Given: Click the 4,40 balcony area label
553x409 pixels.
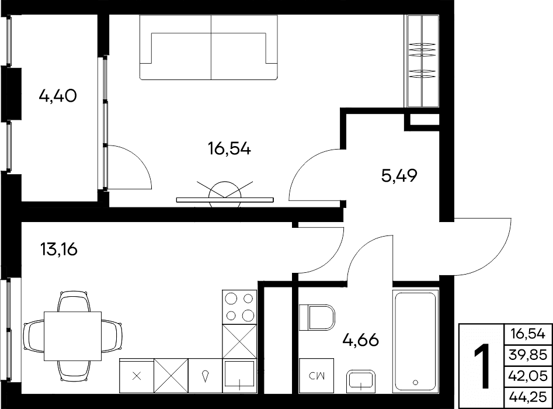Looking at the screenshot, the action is click(x=58, y=96).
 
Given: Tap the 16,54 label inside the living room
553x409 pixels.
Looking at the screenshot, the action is click(x=229, y=148).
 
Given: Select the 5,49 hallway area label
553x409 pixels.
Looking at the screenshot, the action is click(x=399, y=175).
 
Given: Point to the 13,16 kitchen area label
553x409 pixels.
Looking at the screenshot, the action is click(x=59, y=249).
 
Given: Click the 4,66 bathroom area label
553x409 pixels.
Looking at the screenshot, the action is click(x=361, y=340).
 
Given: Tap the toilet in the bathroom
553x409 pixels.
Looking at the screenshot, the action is click(x=317, y=318).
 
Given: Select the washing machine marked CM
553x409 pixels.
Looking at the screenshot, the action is click(x=317, y=376).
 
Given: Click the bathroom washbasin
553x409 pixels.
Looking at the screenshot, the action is click(x=360, y=381).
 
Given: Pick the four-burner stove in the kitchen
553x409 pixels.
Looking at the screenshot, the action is click(x=239, y=307).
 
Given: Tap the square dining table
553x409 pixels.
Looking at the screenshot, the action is click(x=72, y=336).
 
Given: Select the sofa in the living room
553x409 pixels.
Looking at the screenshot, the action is click(x=208, y=47).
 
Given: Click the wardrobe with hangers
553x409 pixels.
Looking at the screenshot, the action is click(x=423, y=61).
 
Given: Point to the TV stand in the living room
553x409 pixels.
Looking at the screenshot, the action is click(x=225, y=200).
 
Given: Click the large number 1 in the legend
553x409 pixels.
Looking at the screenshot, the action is click(x=481, y=366).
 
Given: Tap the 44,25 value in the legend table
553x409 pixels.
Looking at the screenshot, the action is click(x=528, y=397).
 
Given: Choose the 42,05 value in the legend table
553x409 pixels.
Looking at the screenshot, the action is click(x=528, y=376).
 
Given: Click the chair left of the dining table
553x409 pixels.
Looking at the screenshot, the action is click(x=33, y=337).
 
